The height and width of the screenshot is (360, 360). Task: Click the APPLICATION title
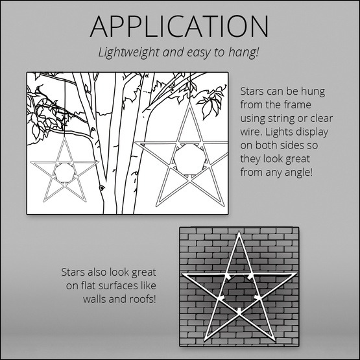[179, 27]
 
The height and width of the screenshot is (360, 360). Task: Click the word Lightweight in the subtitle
[129, 53]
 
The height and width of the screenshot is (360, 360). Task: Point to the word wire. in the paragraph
[251, 132]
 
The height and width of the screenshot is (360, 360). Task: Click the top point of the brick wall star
[239, 232]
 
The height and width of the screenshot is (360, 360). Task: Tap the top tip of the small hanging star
[64, 138]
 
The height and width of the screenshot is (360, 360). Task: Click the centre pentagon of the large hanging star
[189, 160]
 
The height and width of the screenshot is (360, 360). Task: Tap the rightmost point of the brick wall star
[296, 274]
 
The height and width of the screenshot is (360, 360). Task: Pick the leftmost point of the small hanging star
[31, 162]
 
